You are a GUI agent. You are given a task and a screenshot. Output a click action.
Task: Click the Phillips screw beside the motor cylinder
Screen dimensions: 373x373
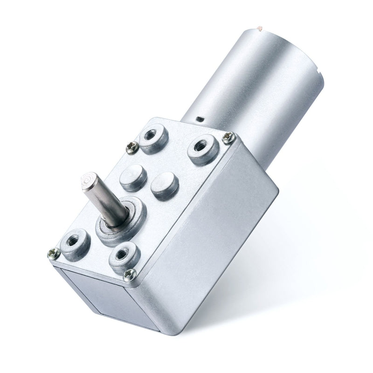[x=228, y=137]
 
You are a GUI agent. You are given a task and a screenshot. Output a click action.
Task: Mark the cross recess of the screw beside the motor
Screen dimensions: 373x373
[x=228, y=137]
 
